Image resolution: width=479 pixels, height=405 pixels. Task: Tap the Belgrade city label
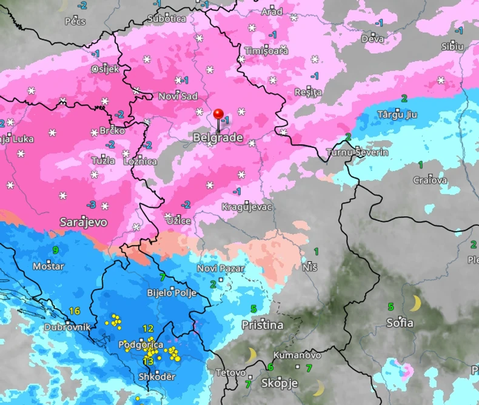(x=218, y=138)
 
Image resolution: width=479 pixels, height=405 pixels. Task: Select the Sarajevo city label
(x=83, y=223)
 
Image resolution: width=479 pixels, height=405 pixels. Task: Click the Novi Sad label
(x=178, y=96)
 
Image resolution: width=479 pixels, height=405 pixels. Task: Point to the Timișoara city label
(x=266, y=51)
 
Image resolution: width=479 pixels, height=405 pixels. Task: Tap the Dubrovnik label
(x=67, y=327)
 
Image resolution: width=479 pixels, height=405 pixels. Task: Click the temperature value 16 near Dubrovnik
(x=74, y=311)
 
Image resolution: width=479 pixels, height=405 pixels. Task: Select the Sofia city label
(x=400, y=323)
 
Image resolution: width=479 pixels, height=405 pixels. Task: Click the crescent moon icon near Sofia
(x=415, y=303)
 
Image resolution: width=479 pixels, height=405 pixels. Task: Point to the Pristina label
(x=262, y=325)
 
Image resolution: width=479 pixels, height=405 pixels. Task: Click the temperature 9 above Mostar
(x=55, y=250)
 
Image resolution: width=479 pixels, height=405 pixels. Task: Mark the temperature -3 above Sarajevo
(x=91, y=205)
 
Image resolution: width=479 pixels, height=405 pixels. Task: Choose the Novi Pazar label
(x=221, y=268)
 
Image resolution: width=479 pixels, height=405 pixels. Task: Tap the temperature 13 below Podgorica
(x=147, y=361)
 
